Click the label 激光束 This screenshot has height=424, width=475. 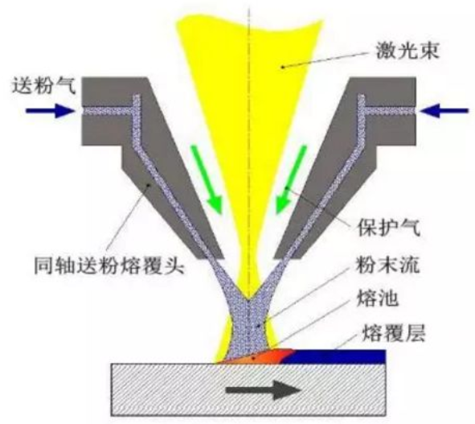click(x=407, y=51)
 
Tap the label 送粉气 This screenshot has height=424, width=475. click(x=43, y=85)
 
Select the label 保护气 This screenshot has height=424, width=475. click(x=390, y=228)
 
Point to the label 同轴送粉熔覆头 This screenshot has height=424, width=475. click(x=109, y=266)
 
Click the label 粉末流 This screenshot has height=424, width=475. click(x=388, y=264)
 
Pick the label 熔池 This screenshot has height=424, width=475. click(x=378, y=298)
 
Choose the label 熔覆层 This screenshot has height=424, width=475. click(x=394, y=333)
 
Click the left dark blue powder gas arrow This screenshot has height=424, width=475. click(x=50, y=111)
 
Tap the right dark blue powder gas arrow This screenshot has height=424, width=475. click(x=444, y=111)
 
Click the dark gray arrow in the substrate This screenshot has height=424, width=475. click(x=264, y=390)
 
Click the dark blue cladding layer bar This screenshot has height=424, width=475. click(x=334, y=356)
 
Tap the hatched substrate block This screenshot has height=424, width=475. click(x=248, y=389)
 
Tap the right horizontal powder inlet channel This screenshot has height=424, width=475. click(x=390, y=111)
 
